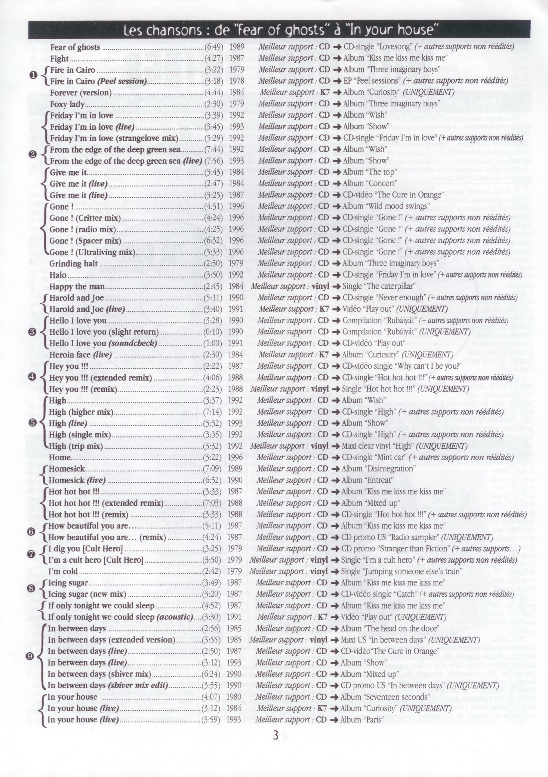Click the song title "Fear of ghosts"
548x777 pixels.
tap(75, 47)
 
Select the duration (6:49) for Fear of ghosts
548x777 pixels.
tap(214, 47)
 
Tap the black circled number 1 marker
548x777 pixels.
tap(33, 75)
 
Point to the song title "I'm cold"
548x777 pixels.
tap(63, 572)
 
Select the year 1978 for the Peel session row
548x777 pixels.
tap(237, 81)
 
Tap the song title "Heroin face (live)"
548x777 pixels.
tap(80, 355)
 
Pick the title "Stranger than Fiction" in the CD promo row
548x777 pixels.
tap(413, 549)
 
